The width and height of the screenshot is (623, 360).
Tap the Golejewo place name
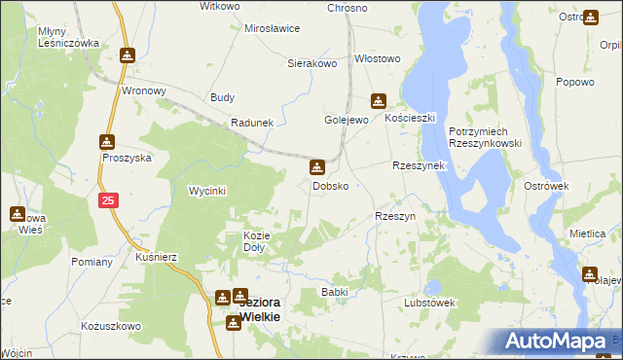346,120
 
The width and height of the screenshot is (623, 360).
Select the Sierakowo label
311,63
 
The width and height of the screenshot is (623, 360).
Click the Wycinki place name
207,191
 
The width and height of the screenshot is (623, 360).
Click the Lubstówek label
430,302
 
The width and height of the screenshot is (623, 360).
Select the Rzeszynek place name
418,165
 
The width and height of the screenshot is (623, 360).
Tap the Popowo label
574,83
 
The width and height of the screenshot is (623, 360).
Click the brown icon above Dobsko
317,167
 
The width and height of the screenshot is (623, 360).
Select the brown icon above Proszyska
107,141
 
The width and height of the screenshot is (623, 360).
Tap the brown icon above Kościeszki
378,100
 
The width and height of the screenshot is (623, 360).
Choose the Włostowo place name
378,58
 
